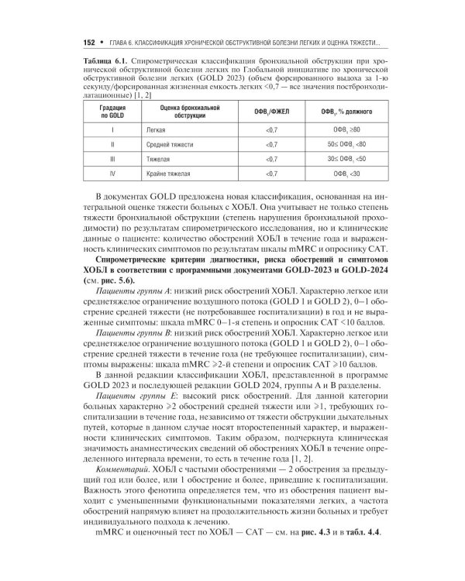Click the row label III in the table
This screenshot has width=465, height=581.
coord(113,159)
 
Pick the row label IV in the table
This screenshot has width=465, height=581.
coord(113,174)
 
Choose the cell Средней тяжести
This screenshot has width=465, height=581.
coord(158,144)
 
